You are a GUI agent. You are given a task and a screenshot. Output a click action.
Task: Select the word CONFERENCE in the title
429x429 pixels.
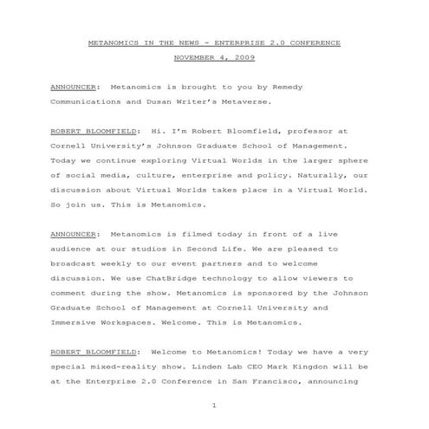click(x=314, y=42)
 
